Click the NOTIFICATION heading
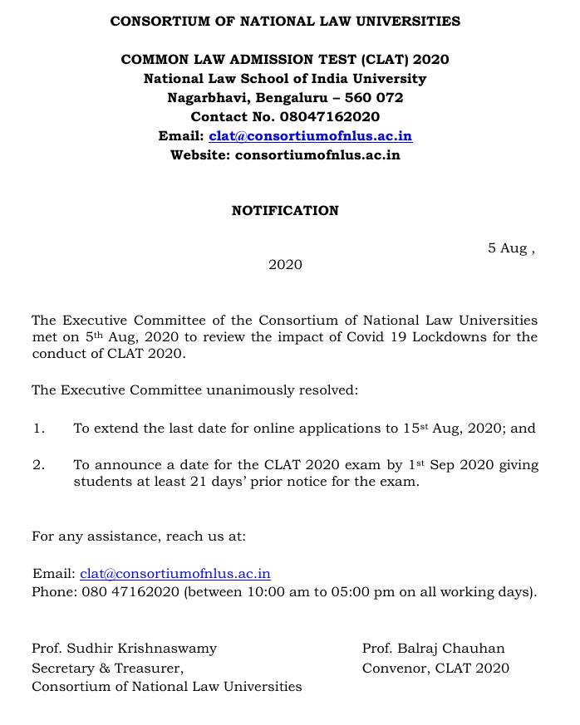tap(285, 211)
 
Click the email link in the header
tap(310, 136)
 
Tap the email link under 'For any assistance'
tap(175, 574)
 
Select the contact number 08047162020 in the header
tap(330, 117)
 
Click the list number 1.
tap(38, 429)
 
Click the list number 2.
tap(38, 465)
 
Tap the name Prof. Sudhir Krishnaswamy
tap(124, 648)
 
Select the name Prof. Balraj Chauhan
tap(433, 648)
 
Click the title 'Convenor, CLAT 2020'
tap(435, 668)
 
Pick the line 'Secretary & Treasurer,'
tap(107, 668)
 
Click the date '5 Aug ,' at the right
tap(511, 248)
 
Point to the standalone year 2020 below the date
tap(285, 265)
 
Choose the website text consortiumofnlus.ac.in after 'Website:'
tap(317, 155)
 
